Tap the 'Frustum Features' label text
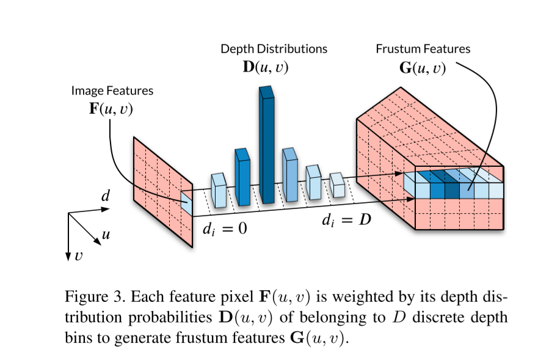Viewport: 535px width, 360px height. pos(423,49)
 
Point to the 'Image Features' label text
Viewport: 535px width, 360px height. pos(112,91)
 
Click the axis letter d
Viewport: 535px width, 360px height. pos(105,197)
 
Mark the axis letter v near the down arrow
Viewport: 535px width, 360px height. pos(78,257)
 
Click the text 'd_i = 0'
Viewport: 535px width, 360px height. pos(224,231)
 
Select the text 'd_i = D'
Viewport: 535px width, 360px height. pos(346,220)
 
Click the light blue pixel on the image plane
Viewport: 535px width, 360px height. pos(187,202)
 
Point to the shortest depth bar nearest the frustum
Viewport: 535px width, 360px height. pos(337,185)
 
